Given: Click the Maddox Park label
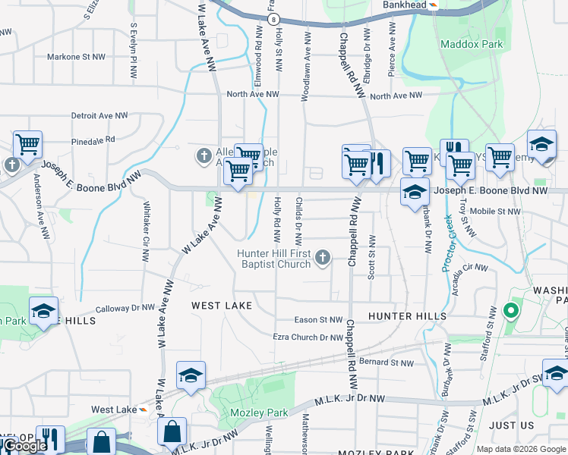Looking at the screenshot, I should point(472,45).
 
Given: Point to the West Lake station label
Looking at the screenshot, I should point(113,409).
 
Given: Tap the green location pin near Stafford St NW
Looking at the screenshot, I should point(511,312).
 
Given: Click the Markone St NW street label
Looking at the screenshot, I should point(75,57).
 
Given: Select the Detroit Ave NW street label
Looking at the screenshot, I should point(99,116).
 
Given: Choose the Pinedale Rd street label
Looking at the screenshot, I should point(93,140).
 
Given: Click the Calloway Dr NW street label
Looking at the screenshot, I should point(125,309).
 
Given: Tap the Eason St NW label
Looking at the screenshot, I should point(319,320).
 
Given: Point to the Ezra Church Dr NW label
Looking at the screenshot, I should point(308,337).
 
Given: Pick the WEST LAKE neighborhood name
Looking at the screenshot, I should point(222,306).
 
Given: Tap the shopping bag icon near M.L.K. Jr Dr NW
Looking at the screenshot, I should point(172,431).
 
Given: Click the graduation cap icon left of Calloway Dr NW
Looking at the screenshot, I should point(43,311).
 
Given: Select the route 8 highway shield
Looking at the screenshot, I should point(273,19).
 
